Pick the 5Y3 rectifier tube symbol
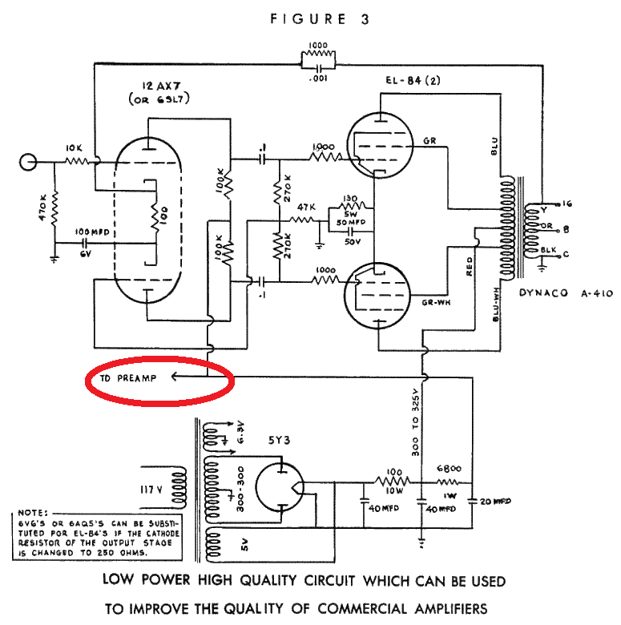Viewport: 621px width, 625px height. coord(281,482)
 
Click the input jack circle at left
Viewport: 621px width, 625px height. coord(30,162)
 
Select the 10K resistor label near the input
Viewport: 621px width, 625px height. coord(75,149)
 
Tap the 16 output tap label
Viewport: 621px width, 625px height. coord(567,203)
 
